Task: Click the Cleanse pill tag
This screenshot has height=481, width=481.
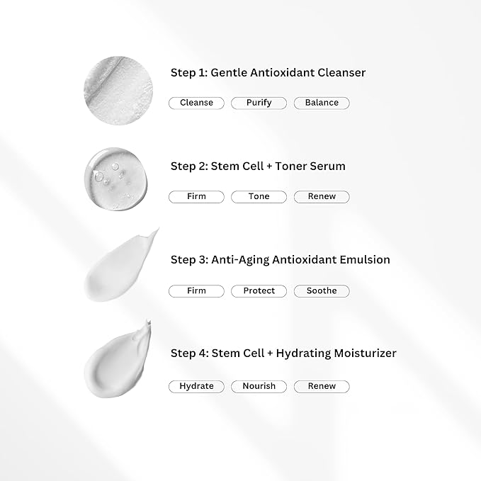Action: [x=196, y=103]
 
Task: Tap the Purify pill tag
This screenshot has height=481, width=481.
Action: [x=259, y=103]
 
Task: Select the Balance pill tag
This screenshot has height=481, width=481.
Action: [x=322, y=103]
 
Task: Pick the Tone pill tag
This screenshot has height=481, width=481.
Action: [x=259, y=197]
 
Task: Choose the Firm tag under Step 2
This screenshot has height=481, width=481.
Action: [x=196, y=197]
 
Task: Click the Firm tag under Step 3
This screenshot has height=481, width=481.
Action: [x=196, y=291]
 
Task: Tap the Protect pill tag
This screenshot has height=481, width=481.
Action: [x=259, y=291]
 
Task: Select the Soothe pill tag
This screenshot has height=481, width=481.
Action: [x=322, y=291]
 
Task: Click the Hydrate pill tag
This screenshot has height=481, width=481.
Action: [x=196, y=387]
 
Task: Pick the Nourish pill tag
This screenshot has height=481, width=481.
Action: [x=259, y=387]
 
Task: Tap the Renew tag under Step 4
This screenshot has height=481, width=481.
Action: [x=322, y=387]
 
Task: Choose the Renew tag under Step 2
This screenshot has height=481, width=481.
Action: [x=322, y=197]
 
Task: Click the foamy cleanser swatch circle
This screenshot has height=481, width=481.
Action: [x=118, y=91]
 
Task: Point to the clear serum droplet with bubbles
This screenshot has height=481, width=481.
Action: [x=116, y=179]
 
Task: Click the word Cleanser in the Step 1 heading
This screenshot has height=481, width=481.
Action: [x=341, y=73]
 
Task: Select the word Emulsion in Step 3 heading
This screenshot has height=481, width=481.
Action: [x=365, y=260]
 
